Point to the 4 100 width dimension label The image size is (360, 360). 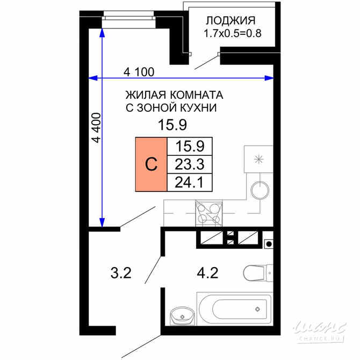coord(139,71)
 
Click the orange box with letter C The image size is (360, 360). coord(151,164)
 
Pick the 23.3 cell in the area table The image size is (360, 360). coord(191,163)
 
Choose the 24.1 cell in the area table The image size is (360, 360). coord(191,182)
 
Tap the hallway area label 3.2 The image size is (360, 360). coord(121,273)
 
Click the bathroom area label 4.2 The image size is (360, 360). coord(207,273)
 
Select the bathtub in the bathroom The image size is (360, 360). coord(236,309)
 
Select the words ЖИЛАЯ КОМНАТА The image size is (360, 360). coord(174,95)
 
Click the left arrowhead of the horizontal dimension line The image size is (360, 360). coord(92,79)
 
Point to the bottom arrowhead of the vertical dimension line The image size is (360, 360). coord(102,222)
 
